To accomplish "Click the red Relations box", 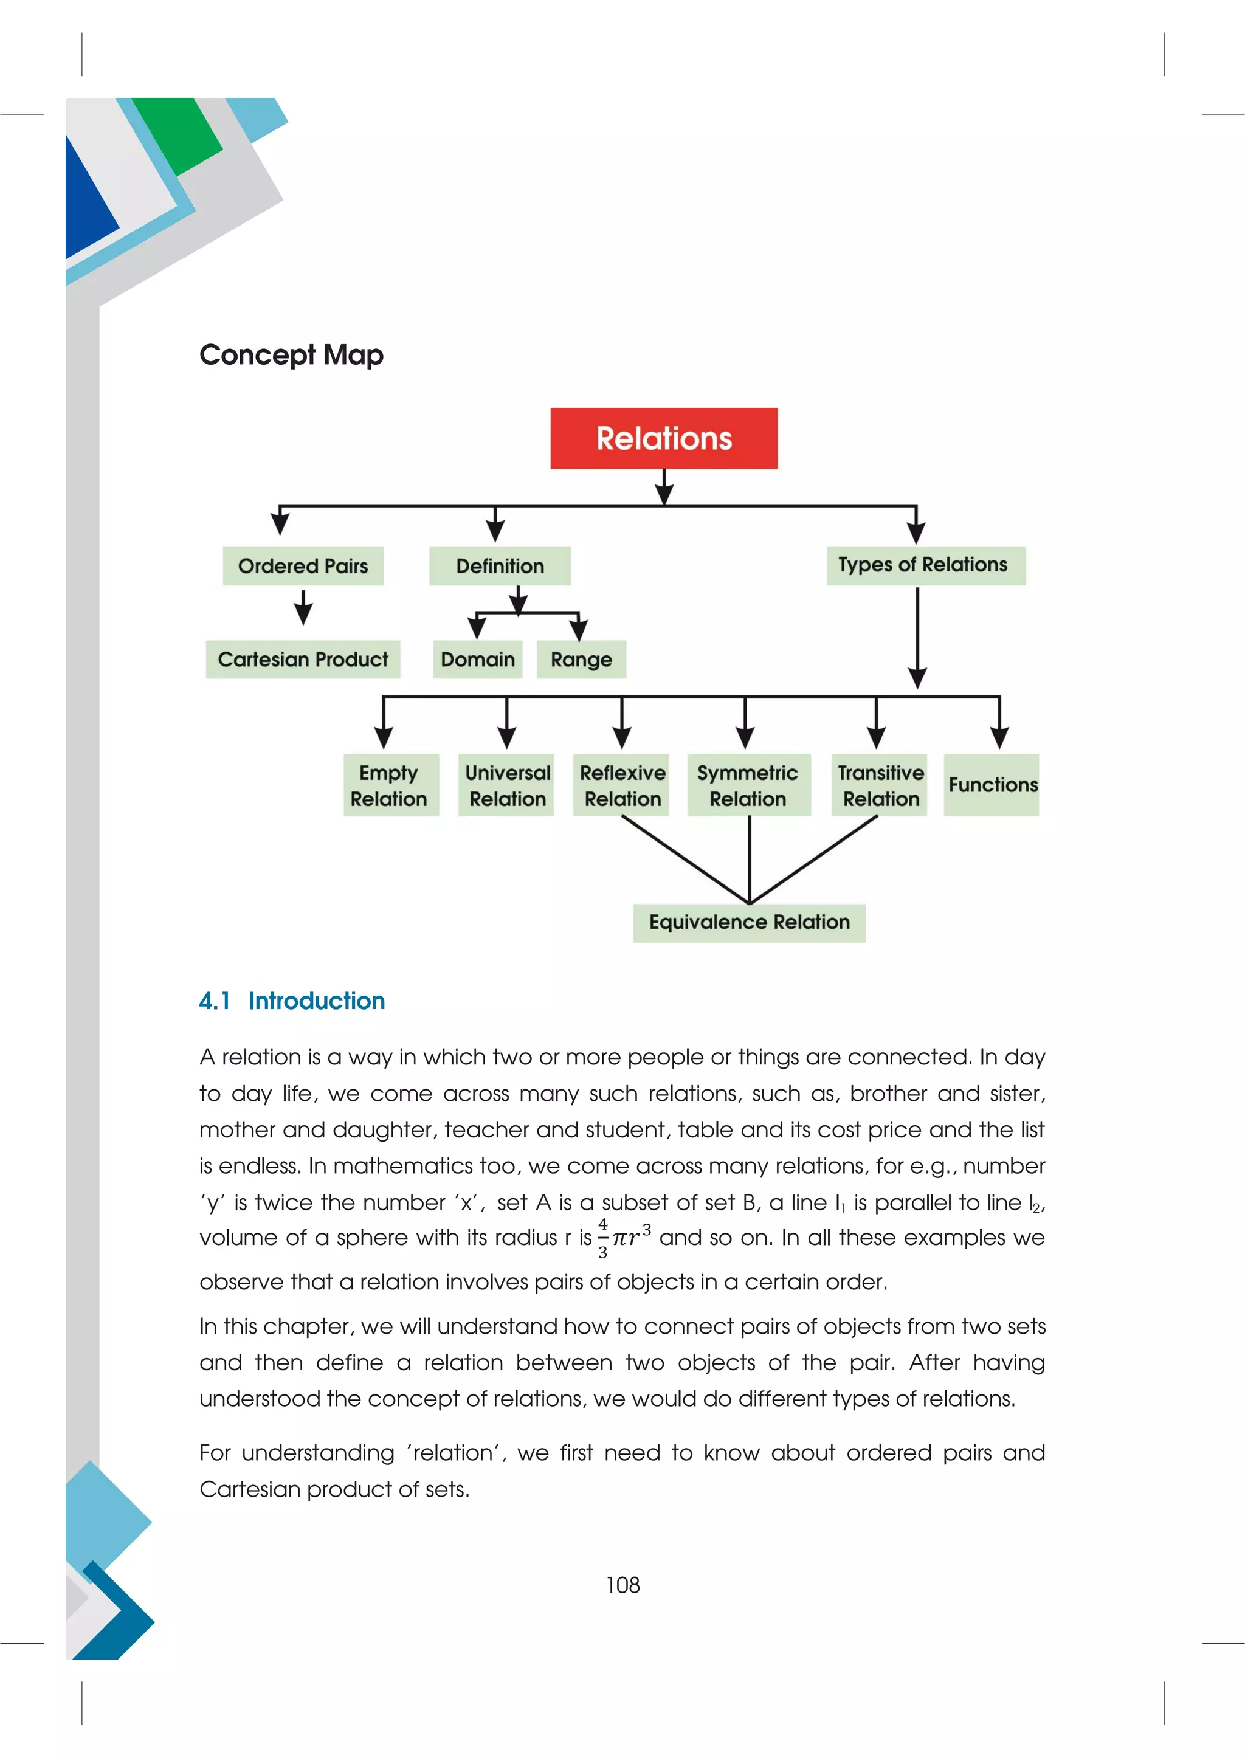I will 664,438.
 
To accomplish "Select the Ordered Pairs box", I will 303,566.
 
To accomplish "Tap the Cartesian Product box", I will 303,660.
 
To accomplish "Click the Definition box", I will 500,566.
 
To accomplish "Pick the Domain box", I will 478,660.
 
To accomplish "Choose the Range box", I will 581,660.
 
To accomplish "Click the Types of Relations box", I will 925,566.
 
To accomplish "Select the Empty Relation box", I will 390,785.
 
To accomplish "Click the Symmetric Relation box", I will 748,785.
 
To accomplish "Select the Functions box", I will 992,785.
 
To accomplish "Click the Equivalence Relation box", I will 749,922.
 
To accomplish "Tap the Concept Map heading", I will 291,355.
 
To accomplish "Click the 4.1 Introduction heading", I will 292,1001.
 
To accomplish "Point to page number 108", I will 622,1585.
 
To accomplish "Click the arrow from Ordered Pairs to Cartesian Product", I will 303,608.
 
